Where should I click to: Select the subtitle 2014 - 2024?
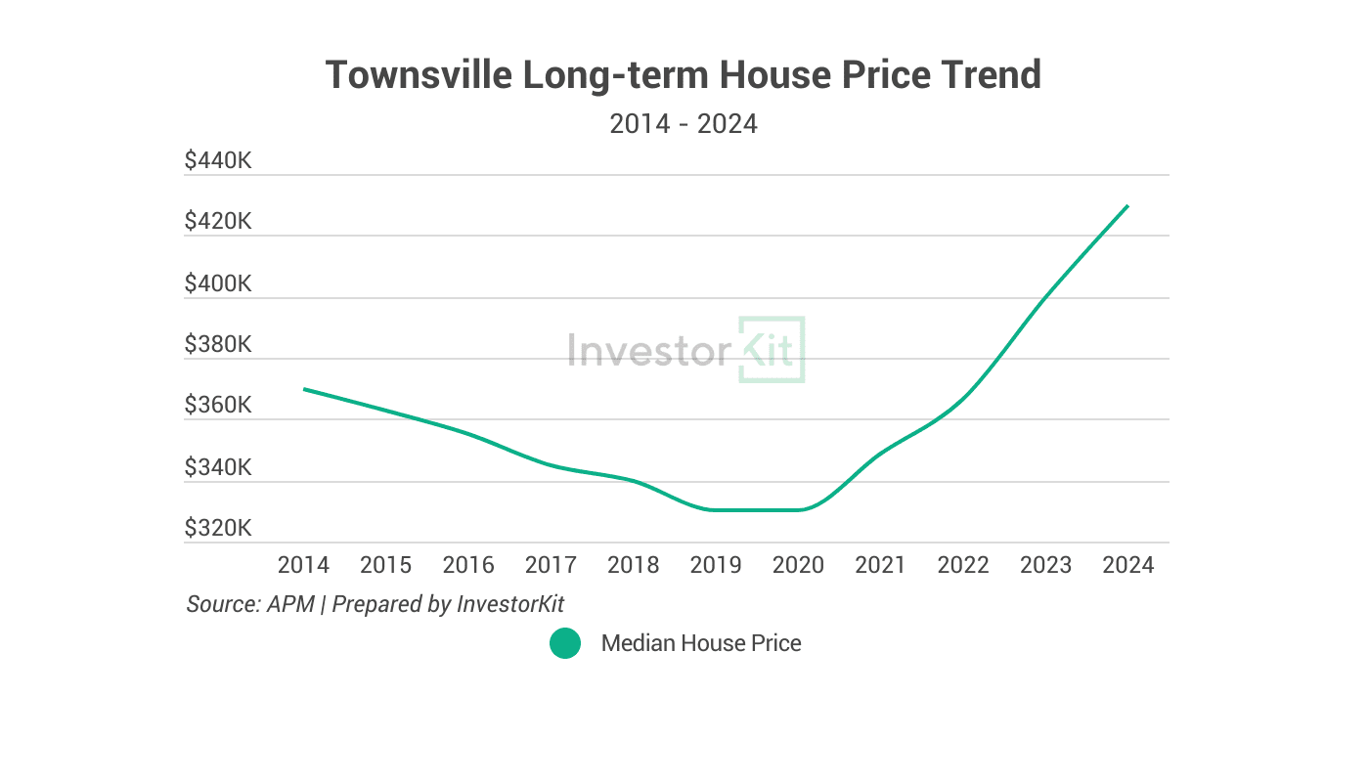click(684, 124)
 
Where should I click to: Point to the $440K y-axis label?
click(218, 159)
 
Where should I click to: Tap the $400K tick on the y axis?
click(218, 283)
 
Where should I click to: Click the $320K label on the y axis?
click(218, 529)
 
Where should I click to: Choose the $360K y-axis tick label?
click(218, 405)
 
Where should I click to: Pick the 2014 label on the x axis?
click(304, 565)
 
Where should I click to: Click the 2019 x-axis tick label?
click(716, 565)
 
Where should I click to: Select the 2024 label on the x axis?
click(1127, 565)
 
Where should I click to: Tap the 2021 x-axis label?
click(880, 565)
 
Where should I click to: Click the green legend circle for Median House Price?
click(565, 643)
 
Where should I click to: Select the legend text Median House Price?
click(701, 643)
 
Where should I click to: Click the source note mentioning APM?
click(375, 604)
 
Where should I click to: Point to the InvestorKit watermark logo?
click(686, 349)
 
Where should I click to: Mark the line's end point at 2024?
click(1127, 205)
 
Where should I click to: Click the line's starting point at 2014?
click(304, 389)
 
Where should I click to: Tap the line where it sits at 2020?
click(798, 509)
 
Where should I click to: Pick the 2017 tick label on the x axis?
click(551, 565)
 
